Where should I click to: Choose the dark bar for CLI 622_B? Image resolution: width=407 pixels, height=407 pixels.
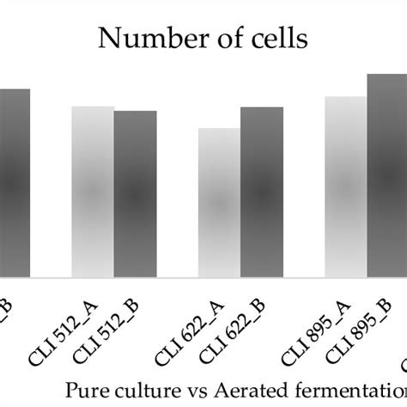(261, 192)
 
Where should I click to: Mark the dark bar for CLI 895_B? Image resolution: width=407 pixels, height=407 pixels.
(387, 176)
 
